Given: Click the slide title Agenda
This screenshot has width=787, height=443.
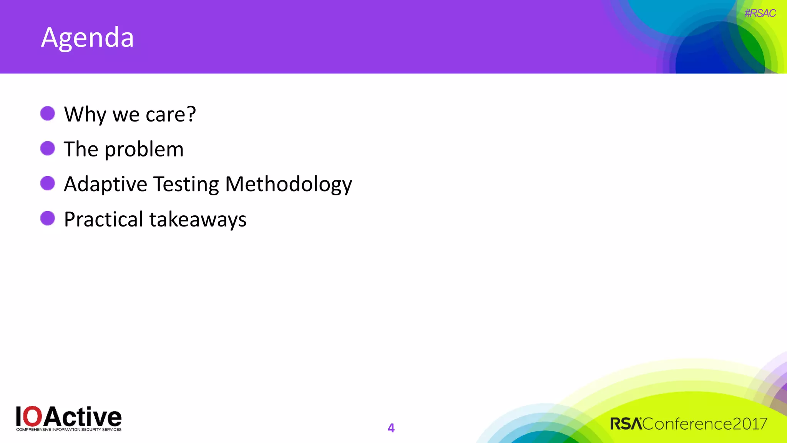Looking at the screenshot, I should tap(87, 38).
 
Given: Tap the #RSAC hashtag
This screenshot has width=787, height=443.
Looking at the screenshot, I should tap(760, 13).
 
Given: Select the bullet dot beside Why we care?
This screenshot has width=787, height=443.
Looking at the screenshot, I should tap(48, 114).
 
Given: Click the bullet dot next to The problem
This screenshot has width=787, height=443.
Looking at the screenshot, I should tap(48, 148).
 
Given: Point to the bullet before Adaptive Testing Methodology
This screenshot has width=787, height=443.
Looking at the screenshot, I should tap(48, 183).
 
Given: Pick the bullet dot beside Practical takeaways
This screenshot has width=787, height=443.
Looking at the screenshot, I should tap(48, 218).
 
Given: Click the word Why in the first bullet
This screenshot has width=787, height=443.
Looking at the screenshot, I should tap(85, 115).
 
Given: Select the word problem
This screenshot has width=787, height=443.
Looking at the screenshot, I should tap(144, 150).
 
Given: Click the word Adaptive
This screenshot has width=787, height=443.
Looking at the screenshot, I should tap(105, 185).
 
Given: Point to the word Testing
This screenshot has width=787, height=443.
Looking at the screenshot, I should tap(186, 185).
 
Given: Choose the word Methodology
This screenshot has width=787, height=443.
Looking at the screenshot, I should tap(288, 185).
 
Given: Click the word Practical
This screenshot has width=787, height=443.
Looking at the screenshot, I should tap(103, 220).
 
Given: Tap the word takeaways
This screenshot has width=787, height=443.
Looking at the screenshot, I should tap(198, 220).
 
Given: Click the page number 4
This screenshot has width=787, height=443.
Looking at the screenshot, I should tap(391, 428).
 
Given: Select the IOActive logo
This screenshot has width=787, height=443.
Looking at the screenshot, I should tap(69, 418).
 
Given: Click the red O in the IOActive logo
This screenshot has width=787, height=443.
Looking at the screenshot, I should tap(34, 416).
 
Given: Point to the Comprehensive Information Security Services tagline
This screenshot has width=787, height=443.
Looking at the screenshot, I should tap(69, 430).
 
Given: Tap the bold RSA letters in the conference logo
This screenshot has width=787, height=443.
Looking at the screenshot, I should tap(626, 424).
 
